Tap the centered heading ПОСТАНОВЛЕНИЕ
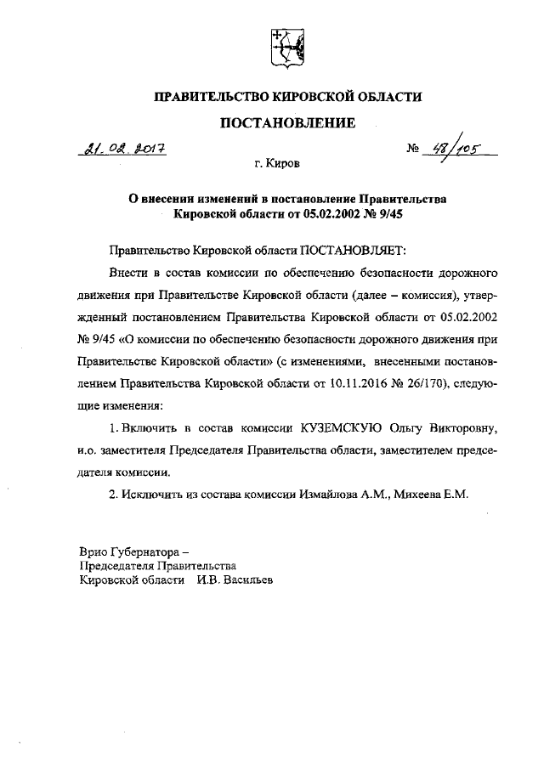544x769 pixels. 286,124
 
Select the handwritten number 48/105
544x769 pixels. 454,151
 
